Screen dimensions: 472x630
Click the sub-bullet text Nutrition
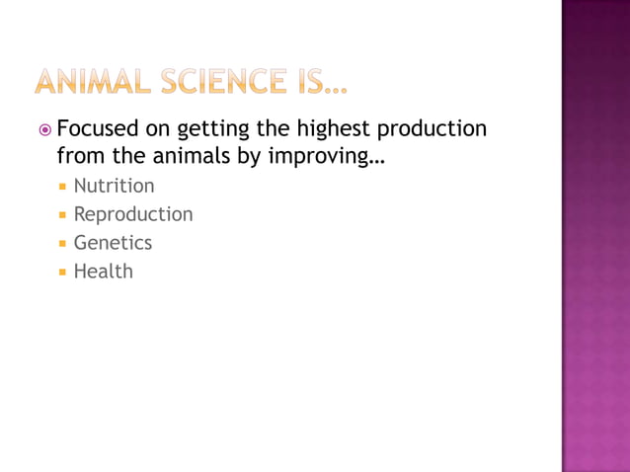pos(114,186)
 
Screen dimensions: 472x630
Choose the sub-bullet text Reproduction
pos(133,214)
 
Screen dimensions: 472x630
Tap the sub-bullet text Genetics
pos(113,242)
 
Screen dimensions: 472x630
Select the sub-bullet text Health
pos(103,271)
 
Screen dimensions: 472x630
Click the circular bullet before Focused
pos(43,130)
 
